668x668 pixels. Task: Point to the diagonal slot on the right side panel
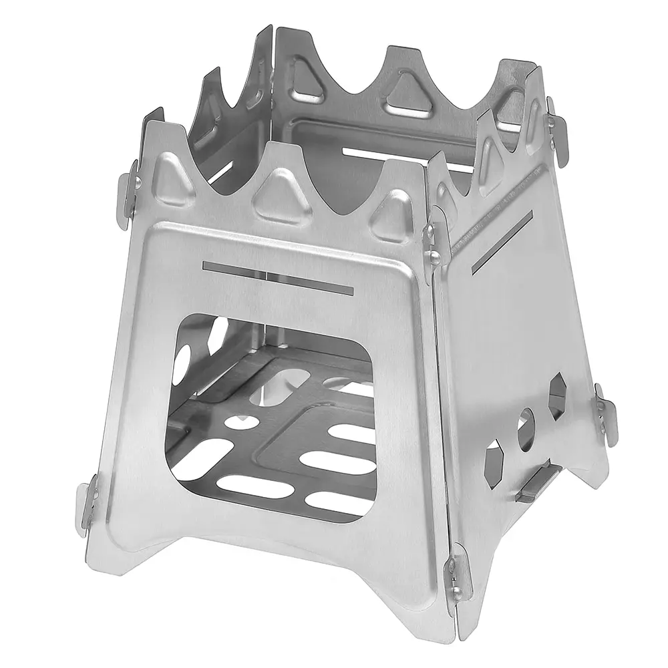(x=501, y=242)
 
